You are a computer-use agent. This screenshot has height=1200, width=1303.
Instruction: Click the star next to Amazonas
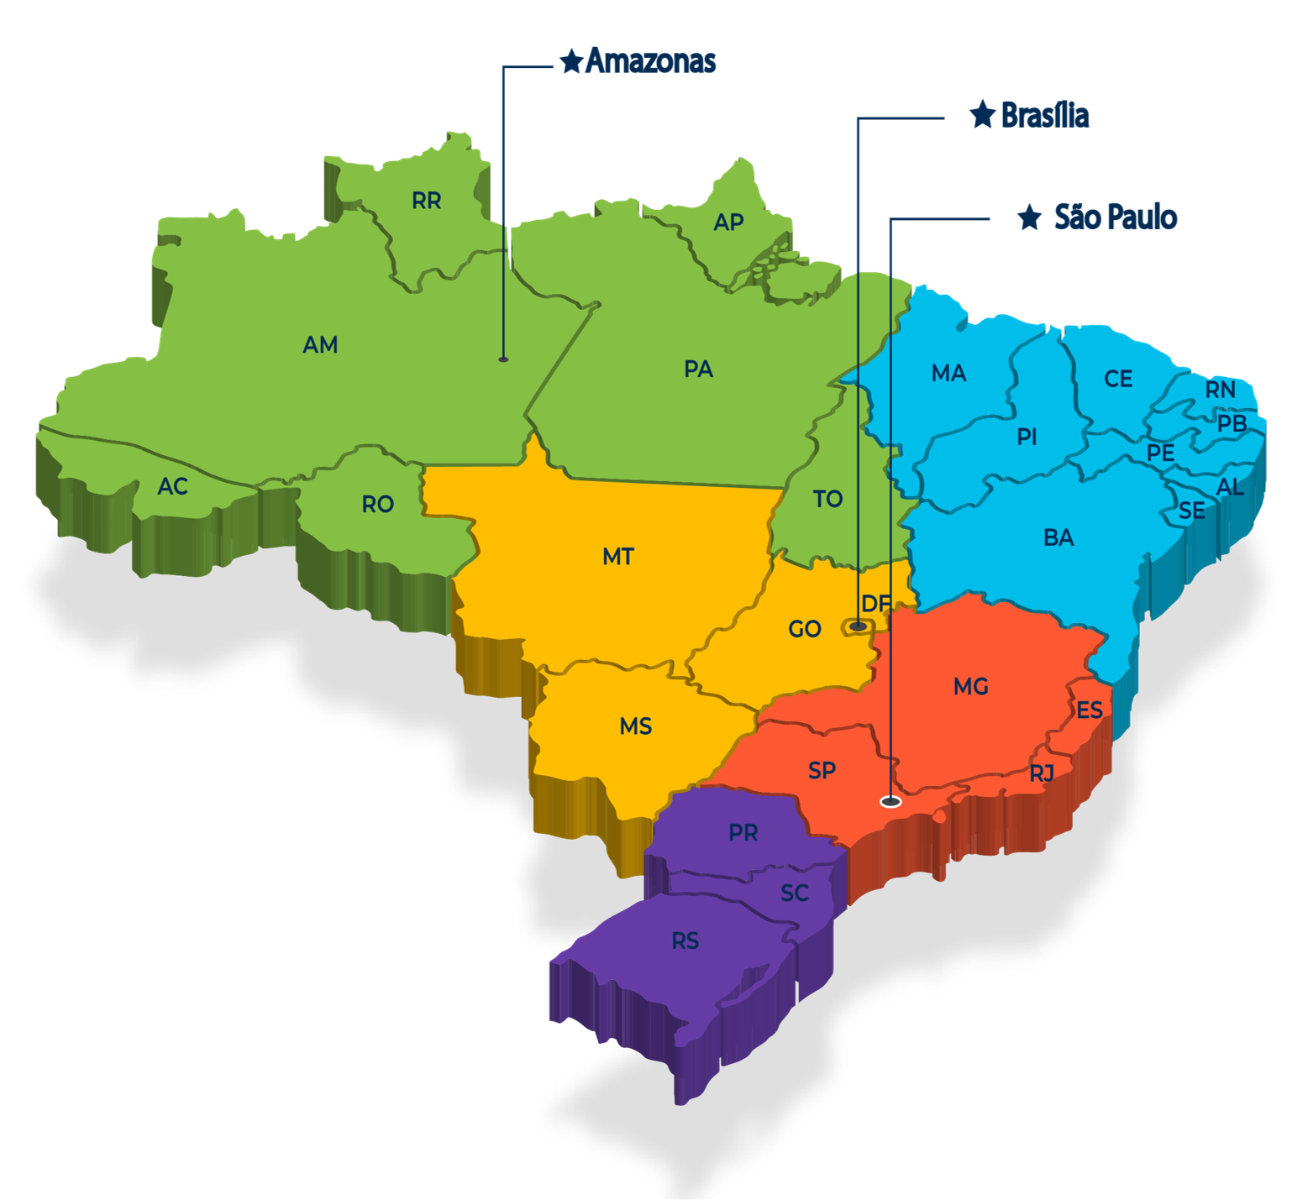point(571,60)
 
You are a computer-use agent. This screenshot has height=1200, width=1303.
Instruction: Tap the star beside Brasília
point(982,114)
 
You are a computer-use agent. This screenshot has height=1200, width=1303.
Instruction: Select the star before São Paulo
point(1029,217)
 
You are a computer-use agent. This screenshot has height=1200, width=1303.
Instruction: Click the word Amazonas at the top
point(651,60)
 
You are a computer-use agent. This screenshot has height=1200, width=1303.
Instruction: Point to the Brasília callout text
point(1045,115)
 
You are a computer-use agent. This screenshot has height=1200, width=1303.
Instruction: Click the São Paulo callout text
point(1116,217)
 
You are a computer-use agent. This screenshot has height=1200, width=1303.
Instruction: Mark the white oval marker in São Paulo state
point(891,801)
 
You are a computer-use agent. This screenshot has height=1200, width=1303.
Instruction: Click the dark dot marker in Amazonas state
point(503,359)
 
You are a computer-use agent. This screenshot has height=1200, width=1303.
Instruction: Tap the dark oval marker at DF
point(858,626)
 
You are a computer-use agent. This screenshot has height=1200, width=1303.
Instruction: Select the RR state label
point(427,201)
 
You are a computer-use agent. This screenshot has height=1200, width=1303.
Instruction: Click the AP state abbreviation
point(728,222)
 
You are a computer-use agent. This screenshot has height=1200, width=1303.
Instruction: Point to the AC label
point(173,486)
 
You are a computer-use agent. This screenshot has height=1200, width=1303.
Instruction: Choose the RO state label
point(378,504)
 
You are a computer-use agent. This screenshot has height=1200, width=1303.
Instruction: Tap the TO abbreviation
point(828,499)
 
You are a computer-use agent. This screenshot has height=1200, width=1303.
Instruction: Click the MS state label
point(636,726)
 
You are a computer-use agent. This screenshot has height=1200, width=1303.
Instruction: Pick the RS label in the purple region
point(686,941)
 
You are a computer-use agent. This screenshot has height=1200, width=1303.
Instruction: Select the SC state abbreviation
point(795,893)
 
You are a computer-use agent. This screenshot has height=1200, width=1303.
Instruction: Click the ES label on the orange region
point(1090,710)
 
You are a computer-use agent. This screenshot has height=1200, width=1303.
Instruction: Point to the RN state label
point(1221,390)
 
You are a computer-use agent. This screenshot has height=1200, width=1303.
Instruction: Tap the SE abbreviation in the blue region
point(1192,511)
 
